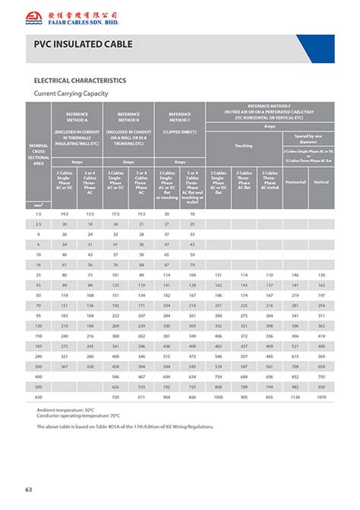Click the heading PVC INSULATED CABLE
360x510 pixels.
[x=84, y=45]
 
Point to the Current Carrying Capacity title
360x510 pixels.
[x=71, y=93]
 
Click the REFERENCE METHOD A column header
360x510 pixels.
[x=76, y=117]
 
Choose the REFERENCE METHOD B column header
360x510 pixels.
[x=128, y=117]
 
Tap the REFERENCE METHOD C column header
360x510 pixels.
[x=179, y=117]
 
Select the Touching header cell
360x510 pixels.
[x=243, y=144]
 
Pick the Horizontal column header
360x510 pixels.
[x=295, y=182]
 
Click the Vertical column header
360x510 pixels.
[x=321, y=182]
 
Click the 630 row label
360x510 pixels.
[x=37, y=397]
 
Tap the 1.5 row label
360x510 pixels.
[x=37, y=214]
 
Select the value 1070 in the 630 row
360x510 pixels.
[x=321, y=397]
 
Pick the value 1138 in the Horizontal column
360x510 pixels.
[x=295, y=397]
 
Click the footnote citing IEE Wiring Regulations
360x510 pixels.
[x=125, y=426]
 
